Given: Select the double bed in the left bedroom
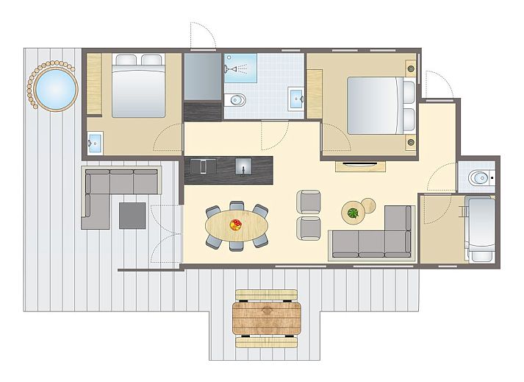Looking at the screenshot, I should point(137,85).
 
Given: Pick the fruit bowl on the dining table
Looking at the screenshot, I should point(236,225).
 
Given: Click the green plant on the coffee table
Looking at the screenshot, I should point(353,213).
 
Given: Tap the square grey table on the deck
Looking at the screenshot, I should point(132,215).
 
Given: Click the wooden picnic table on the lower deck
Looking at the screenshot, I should point(268,318).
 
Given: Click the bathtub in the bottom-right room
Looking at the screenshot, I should point(482,228).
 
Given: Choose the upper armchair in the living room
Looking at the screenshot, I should point(309,201).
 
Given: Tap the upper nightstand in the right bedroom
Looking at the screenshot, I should point(410,68).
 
